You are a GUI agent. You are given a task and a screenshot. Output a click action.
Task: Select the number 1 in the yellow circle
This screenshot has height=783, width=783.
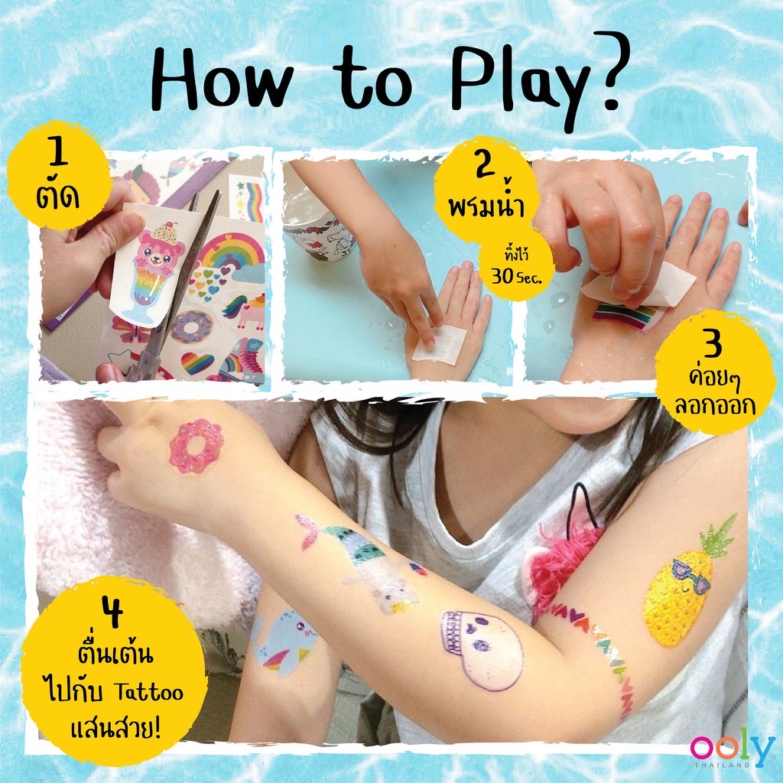pos(59,152)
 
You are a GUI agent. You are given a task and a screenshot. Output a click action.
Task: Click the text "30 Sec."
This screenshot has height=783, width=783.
pos(516,277)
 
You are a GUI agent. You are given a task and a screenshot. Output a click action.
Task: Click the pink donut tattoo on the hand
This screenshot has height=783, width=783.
pos(197,446)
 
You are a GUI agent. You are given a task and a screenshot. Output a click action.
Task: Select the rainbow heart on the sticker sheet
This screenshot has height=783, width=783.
pos(197,363)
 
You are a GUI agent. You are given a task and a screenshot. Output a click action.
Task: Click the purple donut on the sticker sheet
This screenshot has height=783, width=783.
pos(191,327)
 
